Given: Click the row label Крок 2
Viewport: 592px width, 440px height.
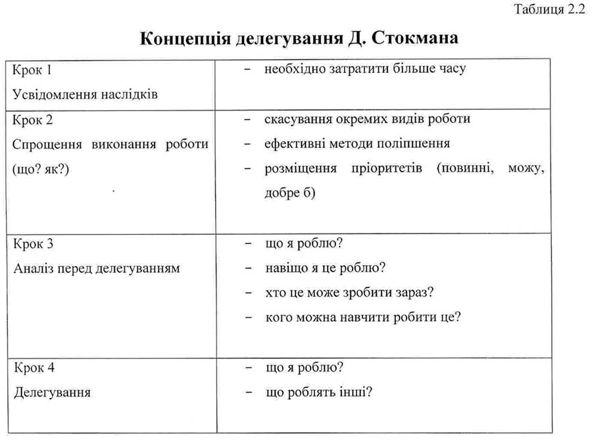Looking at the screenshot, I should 33,120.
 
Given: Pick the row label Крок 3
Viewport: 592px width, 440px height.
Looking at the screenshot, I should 33,243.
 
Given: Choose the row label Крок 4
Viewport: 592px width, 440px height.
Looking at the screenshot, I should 33,367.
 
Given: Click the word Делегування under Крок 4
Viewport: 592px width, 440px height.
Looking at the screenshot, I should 52,392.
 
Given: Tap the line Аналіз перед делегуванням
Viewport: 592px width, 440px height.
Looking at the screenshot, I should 96,268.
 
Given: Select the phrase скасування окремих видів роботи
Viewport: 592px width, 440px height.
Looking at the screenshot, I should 367,120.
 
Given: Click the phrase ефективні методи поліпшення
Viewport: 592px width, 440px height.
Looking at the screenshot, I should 357,143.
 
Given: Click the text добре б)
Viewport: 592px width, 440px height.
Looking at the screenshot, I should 290,193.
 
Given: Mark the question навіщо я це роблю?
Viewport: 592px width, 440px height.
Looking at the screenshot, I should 325,268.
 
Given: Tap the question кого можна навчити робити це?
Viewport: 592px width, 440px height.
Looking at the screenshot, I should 362,317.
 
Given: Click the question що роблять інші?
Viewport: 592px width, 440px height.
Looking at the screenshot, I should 319,392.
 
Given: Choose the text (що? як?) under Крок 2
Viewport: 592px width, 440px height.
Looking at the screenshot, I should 41,169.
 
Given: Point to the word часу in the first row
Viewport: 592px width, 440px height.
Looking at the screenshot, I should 451,69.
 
